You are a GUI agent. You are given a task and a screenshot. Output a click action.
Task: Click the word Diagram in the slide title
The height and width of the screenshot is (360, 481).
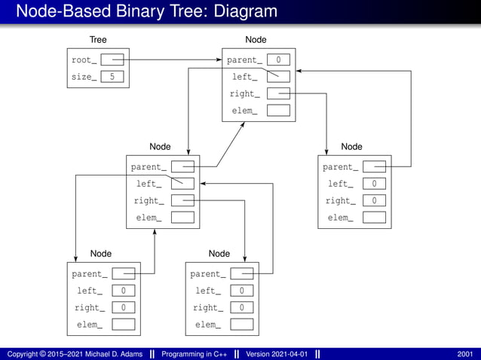tap(240, 11)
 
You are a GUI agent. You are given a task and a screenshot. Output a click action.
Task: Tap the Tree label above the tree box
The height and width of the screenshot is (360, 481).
tap(98, 39)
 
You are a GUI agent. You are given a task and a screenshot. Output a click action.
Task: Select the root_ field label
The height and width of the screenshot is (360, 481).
tap(84, 59)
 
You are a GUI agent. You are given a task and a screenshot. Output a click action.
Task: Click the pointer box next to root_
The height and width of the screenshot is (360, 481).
tap(112, 59)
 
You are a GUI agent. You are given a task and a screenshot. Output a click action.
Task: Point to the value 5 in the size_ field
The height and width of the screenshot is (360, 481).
tap(112, 77)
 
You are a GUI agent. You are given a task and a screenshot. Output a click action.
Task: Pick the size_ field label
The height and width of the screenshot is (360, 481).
tap(84, 77)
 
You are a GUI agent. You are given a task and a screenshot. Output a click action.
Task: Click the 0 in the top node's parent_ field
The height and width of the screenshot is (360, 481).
tap(278, 59)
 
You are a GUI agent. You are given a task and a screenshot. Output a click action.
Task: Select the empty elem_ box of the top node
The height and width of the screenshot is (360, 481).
tap(278, 111)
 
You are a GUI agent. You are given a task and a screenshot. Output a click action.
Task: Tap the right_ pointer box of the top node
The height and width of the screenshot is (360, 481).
tap(278, 93)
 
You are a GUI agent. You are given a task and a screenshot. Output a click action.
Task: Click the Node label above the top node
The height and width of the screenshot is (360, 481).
tap(256, 39)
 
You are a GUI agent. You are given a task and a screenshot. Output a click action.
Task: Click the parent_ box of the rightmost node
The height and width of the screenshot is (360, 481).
tap(374, 167)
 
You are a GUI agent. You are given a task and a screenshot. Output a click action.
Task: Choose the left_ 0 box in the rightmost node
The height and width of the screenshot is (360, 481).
tap(374, 184)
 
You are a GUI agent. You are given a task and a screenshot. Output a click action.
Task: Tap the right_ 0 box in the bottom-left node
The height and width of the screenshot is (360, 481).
tap(123, 307)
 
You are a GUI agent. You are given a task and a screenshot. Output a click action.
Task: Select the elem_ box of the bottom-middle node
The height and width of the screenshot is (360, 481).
tap(241, 325)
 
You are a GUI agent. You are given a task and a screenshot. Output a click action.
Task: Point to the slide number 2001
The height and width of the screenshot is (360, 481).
tap(465, 354)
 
